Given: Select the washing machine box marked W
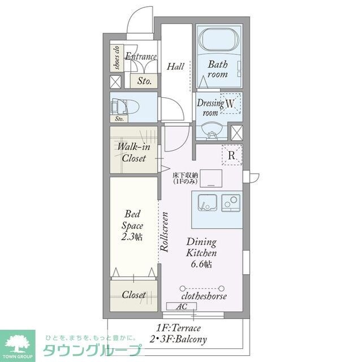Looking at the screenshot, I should click(x=230, y=104).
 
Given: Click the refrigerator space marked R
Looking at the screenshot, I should click(x=232, y=154).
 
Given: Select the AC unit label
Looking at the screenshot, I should click(x=182, y=306).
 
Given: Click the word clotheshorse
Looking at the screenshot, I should click(x=204, y=296).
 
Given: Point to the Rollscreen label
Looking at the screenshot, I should click(x=165, y=231).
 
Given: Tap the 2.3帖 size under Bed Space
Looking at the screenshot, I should click(x=131, y=237).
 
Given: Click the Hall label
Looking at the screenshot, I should click(x=175, y=67).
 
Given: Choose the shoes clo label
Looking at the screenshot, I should click(x=115, y=57).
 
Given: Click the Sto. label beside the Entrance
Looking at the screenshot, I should click(x=145, y=81).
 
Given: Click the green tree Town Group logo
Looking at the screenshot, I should click(x=17, y=343).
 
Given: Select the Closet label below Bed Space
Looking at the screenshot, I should click(x=133, y=295).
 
